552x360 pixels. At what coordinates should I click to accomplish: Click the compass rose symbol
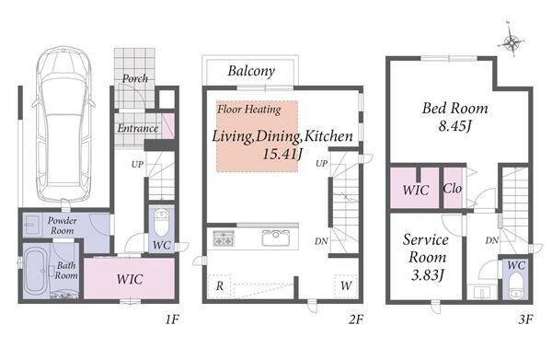511,41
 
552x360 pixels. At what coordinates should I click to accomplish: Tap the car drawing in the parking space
63,124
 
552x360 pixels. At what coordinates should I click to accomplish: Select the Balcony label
251,71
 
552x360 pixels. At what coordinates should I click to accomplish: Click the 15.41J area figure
282,154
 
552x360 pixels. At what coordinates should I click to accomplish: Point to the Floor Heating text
249,110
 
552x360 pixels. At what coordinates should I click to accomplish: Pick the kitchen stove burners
224,238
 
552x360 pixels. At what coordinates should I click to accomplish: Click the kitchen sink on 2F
276,238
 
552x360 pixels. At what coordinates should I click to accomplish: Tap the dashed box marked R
219,286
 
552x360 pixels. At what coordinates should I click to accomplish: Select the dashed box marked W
346,286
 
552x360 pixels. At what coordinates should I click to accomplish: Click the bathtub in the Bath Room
36,270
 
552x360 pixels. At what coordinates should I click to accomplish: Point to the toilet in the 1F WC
162,224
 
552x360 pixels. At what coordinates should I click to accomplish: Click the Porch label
135,78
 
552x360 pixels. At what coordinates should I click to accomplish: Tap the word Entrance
138,128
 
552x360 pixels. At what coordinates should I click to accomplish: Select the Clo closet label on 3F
453,189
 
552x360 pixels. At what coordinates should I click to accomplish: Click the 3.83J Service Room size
427,274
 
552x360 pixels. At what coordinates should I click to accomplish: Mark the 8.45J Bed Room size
454,126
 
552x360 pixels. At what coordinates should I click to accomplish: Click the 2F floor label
356,319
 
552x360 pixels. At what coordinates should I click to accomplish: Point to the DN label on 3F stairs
492,240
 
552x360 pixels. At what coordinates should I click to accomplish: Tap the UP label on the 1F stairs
137,164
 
